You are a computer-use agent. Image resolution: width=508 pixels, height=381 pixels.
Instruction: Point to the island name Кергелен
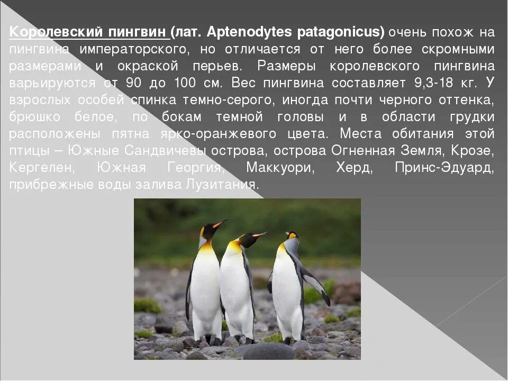(41, 168)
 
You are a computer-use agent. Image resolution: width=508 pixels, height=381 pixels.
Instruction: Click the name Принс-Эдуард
(444, 168)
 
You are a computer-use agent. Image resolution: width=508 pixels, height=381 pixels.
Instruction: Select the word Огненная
(363, 151)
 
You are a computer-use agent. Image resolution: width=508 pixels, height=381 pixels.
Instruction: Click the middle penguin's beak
(260, 234)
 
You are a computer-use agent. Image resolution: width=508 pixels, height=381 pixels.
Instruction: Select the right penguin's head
(292, 241)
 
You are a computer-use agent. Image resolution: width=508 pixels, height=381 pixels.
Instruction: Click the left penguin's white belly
(205, 286)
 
